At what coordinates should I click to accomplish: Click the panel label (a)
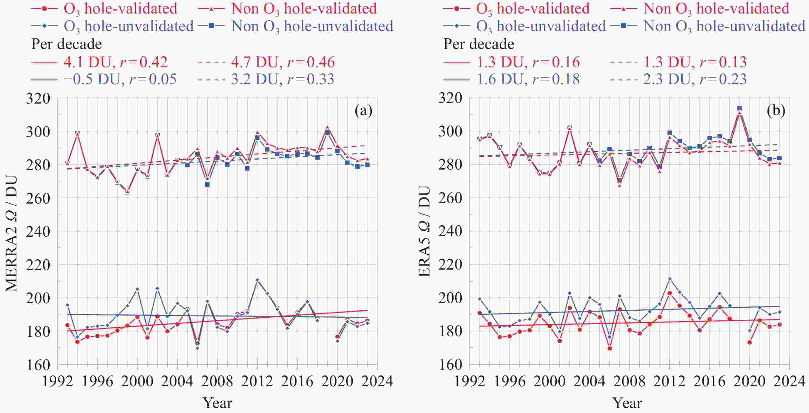click(x=363, y=111)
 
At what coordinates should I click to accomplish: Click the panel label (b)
click(x=776, y=111)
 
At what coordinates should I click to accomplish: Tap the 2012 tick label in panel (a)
click(x=257, y=382)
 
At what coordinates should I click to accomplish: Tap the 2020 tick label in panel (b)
click(x=749, y=382)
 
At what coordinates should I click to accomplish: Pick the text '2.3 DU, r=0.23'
click(x=695, y=79)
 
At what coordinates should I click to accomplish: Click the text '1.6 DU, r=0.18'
click(x=528, y=79)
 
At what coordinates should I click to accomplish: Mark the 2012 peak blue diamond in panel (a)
click(x=257, y=280)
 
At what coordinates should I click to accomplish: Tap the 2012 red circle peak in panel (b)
click(x=670, y=293)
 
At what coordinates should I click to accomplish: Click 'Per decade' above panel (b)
click(x=478, y=44)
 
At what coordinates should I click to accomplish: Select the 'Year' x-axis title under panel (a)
click(x=217, y=403)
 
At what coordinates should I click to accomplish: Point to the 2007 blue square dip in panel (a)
click(x=207, y=185)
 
